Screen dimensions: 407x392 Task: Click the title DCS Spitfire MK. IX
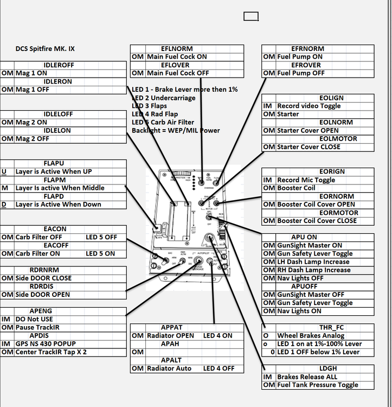tap(45, 49)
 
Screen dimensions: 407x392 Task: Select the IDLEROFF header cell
tap(61, 65)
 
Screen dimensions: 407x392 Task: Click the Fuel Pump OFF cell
tap(301, 73)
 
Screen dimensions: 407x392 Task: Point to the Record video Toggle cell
tap(309, 106)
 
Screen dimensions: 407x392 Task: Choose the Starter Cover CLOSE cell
tap(309, 147)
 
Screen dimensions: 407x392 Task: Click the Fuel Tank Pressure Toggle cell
tap(318, 385)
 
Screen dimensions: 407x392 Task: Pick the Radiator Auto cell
tap(171, 368)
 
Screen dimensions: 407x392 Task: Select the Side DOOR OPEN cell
tap(43, 295)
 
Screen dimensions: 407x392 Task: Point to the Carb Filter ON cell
tap(38, 253)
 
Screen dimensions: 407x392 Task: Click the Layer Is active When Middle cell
tap(60, 188)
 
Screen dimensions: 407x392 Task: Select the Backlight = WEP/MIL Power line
tap(176, 131)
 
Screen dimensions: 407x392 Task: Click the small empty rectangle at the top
tap(251, 16)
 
